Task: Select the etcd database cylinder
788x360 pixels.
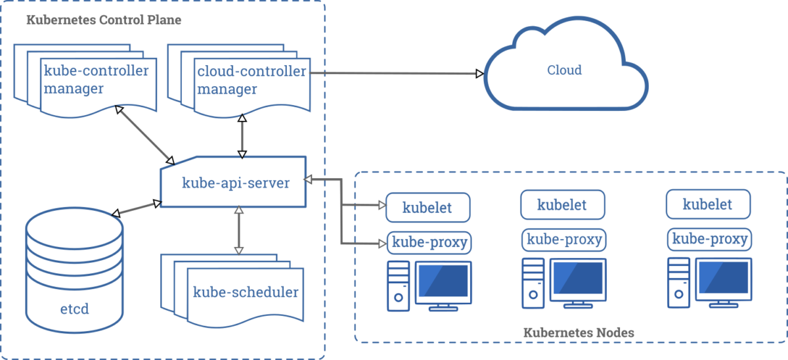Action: (x=74, y=269)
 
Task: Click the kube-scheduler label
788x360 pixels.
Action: (x=246, y=292)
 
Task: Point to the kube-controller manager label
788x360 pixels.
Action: (x=96, y=79)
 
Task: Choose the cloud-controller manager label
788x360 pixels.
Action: (x=252, y=79)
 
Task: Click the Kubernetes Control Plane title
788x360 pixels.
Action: (x=104, y=20)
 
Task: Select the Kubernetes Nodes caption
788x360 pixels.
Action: (x=579, y=332)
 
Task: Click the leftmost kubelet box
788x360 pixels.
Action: (x=428, y=208)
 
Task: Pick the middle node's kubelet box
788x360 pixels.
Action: (x=562, y=204)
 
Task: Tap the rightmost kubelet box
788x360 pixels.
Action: (x=708, y=204)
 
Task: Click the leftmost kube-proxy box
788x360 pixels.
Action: (x=429, y=242)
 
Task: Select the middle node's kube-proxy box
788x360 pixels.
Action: (x=563, y=239)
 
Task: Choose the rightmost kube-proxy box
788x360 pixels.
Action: (x=709, y=239)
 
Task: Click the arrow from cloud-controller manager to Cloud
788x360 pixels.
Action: (x=394, y=73)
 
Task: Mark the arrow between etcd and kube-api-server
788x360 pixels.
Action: (x=137, y=208)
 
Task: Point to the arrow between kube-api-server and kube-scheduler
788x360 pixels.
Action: (x=239, y=230)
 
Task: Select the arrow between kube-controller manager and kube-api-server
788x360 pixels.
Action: (x=144, y=134)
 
